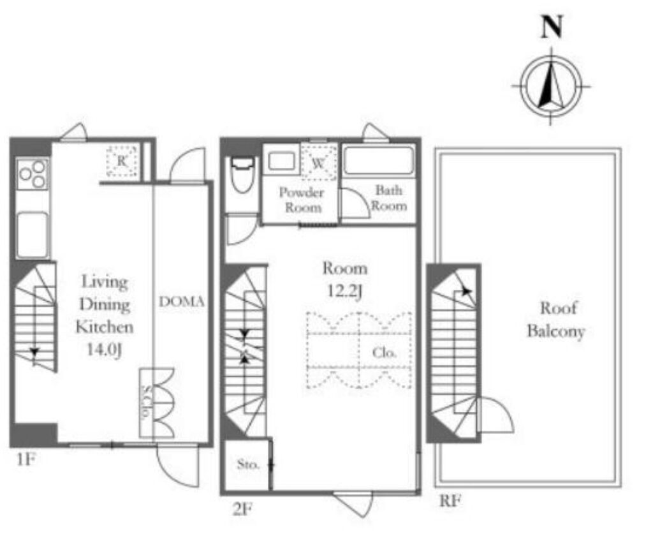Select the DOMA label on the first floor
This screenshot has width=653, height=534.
182,302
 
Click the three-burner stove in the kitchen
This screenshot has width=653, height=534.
33,174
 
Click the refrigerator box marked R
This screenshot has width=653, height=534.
122,161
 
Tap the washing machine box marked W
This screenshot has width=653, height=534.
319,163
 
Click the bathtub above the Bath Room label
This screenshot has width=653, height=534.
378,161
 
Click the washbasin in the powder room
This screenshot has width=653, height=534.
282,161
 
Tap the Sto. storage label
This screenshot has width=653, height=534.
248,464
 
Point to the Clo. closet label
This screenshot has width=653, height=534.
384,353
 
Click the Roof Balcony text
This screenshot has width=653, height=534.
556,320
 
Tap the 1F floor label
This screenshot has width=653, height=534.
25,460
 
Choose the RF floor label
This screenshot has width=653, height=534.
451,501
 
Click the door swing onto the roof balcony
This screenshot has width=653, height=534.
495,415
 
